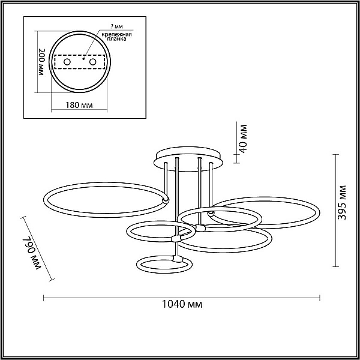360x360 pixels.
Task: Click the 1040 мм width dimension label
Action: [x=182, y=304]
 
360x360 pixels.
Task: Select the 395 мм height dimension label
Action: [x=341, y=202]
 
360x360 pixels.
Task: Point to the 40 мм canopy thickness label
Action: [x=242, y=139]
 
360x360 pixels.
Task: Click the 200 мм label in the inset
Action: [x=41, y=62]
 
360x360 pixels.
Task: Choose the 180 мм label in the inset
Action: [x=79, y=105]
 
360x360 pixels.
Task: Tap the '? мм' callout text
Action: [x=117, y=26]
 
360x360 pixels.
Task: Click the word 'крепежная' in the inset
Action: [x=116, y=34]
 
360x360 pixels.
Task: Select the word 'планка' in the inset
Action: [x=116, y=39]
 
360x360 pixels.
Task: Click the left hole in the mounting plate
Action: [x=67, y=62]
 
